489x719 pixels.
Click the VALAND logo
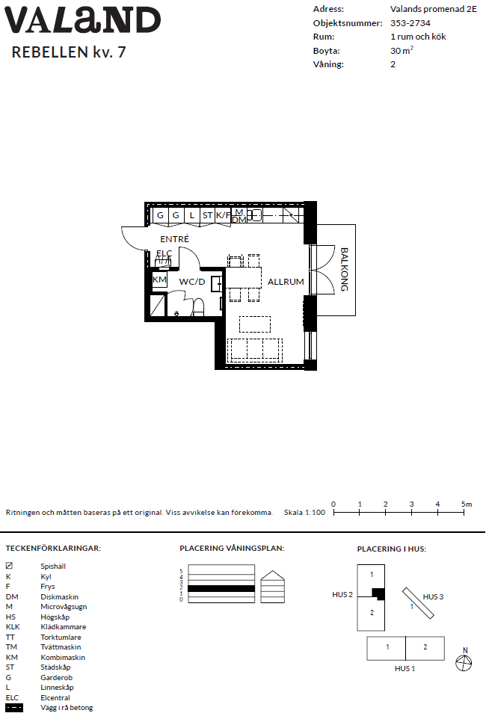[82, 20]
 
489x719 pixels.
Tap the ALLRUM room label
[286, 282]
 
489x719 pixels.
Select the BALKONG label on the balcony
[344, 270]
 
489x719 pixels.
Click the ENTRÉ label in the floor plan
[175, 239]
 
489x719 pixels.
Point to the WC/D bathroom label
[192, 282]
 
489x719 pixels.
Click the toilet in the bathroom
[199, 306]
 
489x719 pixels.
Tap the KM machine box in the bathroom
[159, 280]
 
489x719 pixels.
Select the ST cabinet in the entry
[207, 216]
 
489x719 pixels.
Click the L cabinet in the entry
[191, 216]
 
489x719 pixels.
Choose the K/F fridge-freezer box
[224, 216]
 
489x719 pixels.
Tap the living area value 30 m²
[402, 51]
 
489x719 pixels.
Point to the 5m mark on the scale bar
[466, 504]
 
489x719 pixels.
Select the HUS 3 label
[434, 597]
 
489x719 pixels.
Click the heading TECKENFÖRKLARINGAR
[53, 549]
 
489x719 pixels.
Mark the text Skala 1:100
[304, 513]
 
